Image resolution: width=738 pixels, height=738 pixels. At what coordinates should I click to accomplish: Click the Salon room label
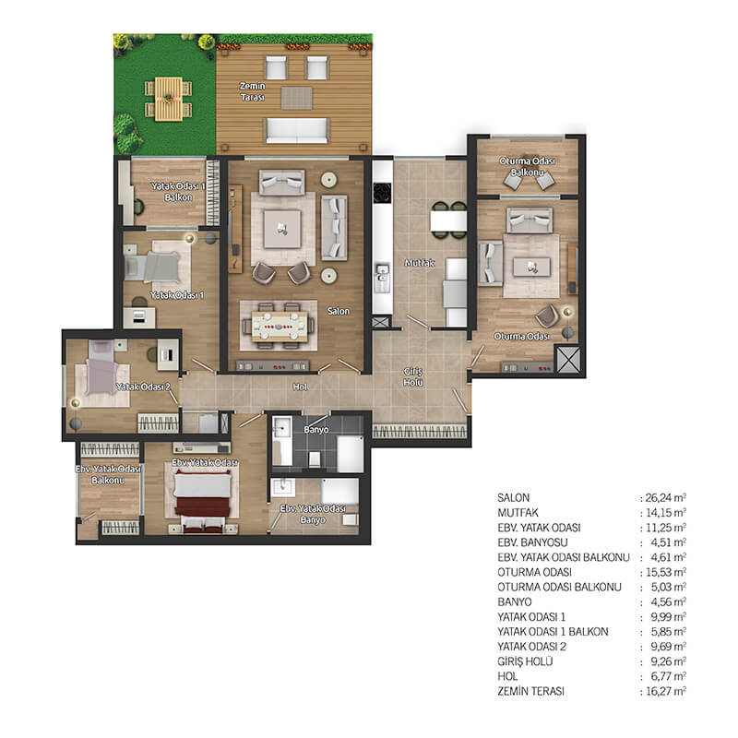coord(339,311)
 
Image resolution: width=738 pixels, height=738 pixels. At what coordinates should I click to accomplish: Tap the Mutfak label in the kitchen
coord(420,263)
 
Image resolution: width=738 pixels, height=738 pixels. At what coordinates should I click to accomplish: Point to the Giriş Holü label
coord(412,377)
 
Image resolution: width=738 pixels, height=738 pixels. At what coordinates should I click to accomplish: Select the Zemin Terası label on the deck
coord(252,91)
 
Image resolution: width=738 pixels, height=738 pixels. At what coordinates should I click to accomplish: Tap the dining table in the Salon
coord(280,326)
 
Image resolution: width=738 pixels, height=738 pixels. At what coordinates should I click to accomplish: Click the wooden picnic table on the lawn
coord(168,99)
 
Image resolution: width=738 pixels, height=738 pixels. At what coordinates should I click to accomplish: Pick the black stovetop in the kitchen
coord(382,193)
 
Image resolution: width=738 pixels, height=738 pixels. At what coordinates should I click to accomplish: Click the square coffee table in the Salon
coord(282,229)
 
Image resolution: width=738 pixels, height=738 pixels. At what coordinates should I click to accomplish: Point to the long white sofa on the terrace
coord(297,130)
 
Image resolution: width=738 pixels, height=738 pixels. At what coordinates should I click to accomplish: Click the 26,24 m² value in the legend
coord(665,497)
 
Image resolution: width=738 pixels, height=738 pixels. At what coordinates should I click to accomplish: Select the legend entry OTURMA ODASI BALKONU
coord(559,587)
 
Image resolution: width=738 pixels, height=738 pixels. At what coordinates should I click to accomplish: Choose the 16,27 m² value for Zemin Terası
coord(665,691)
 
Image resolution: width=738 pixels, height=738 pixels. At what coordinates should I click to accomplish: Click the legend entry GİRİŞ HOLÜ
coord(525,661)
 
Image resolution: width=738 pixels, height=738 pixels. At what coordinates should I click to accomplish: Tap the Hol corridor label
coord(301,387)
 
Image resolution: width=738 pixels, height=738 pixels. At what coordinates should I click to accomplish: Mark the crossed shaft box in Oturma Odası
coord(568,360)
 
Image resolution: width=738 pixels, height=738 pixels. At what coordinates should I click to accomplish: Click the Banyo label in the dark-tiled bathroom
coord(315,430)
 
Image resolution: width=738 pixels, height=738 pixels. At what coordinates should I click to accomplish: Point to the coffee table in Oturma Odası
coord(531,267)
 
